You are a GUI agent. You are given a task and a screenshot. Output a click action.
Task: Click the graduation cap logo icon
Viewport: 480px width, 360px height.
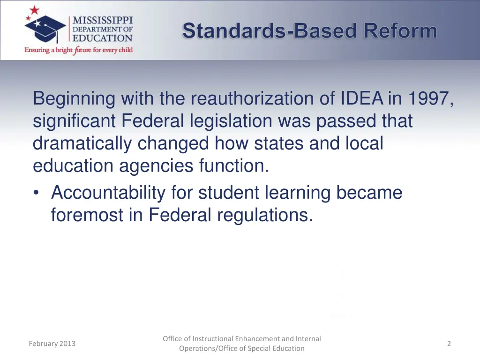click(45, 26)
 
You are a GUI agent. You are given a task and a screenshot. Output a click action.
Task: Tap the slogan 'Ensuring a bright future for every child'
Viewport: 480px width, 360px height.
click(79, 50)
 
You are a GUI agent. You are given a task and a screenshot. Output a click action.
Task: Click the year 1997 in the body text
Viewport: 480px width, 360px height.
click(428, 99)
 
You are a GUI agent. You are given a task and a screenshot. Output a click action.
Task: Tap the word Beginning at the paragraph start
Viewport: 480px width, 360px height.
click(74, 99)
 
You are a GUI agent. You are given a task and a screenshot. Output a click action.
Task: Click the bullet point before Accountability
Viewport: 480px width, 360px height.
click(37, 193)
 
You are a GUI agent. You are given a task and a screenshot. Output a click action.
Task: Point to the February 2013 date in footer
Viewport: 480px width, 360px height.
click(52, 344)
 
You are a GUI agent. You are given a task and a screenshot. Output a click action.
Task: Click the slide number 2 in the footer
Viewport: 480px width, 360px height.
click(449, 344)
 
